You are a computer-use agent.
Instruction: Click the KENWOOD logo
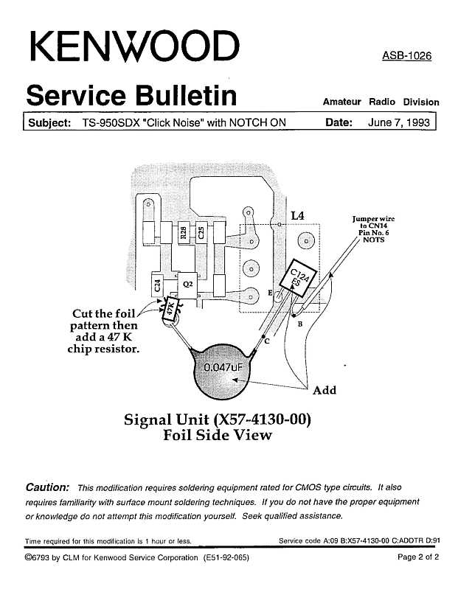click(134, 46)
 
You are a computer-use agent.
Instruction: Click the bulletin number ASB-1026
click(406, 56)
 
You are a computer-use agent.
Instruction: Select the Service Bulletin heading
click(131, 96)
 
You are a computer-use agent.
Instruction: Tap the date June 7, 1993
click(399, 122)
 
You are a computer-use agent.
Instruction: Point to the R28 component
click(184, 233)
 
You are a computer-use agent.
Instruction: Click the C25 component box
click(201, 232)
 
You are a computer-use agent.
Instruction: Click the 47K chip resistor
click(170, 310)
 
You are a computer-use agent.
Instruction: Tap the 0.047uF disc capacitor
click(223, 371)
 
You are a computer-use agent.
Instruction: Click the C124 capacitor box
click(298, 278)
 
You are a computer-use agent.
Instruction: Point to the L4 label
click(297, 215)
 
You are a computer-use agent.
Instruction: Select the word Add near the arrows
click(324, 390)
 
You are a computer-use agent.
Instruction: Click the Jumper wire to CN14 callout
click(373, 229)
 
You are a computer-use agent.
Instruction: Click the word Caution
click(48, 487)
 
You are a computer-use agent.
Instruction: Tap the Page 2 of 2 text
click(418, 557)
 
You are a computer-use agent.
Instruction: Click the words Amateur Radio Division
click(381, 102)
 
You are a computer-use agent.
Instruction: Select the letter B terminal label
click(300, 324)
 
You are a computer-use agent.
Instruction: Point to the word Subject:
click(49, 123)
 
